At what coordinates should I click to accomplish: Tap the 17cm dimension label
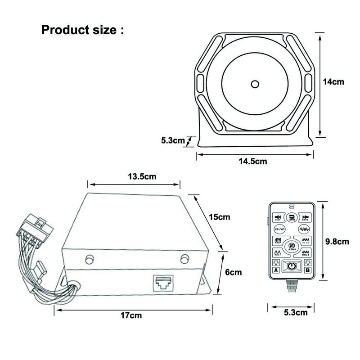[x=134, y=315]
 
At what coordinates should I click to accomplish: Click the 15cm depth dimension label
[x=220, y=217]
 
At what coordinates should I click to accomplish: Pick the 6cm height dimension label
[x=233, y=272]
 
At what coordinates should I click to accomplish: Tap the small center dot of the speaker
[x=255, y=83]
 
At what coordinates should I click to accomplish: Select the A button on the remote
[x=276, y=270]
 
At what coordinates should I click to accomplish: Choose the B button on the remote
[x=307, y=270]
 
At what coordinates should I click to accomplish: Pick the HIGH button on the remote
[x=278, y=218]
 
